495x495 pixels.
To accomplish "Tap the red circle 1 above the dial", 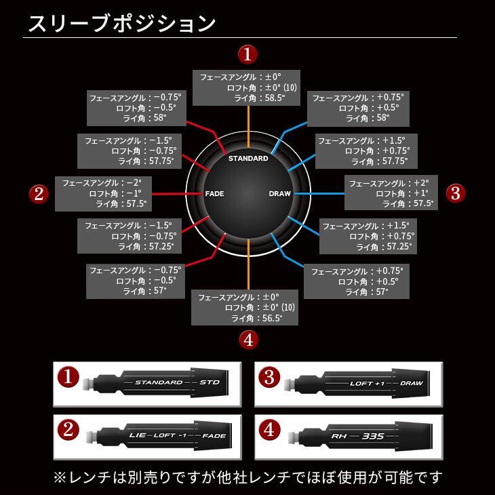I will tap(248, 54).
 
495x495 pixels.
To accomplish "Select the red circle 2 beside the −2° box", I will tap(39, 194).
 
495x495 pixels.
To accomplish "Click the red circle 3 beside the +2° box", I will tap(455, 193).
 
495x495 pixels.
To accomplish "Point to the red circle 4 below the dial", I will tap(248, 340).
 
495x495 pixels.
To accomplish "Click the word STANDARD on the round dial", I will tap(248, 158).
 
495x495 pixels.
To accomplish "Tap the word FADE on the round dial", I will tap(214, 194).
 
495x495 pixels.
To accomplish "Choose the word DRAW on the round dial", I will tap(279, 194).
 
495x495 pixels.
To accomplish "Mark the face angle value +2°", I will tap(421, 183).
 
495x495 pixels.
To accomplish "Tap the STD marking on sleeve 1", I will tap(210, 382).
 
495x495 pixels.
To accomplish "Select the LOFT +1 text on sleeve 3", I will tap(367, 383).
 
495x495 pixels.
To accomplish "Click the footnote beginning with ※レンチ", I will tap(248, 476).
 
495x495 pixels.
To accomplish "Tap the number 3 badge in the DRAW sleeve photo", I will tap(270, 378).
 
